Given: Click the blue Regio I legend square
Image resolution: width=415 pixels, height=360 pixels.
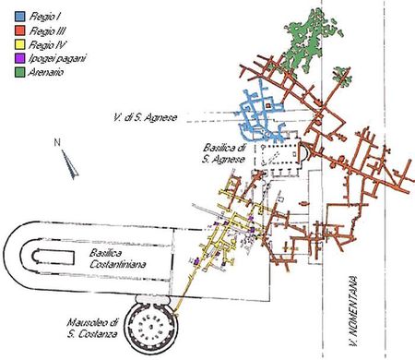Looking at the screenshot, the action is [x=19, y=17].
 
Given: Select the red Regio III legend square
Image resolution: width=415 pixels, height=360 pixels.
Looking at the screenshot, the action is [x=19, y=30].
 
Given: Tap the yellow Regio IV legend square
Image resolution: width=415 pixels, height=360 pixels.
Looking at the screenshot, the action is [x=19, y=44].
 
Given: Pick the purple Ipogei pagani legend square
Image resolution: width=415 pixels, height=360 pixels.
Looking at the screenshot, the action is [x=19, y=58].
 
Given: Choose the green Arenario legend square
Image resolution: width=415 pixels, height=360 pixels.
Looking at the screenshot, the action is [x=19, y=73].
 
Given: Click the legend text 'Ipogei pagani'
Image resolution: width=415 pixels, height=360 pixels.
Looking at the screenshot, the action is [x=57, y=59].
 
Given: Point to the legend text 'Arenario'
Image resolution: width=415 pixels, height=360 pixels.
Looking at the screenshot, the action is [x=46, y=73].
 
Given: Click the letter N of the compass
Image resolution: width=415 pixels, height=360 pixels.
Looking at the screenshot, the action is [x=57, y=142].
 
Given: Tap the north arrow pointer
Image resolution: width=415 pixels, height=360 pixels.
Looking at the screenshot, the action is [x=70, y=164].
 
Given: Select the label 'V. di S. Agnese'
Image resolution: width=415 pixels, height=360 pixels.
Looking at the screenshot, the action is [x=146, y=117].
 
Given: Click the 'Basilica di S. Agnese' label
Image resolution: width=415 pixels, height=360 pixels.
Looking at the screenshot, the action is [x=224, y=153].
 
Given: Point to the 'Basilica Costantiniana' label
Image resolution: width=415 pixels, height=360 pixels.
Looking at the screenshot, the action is [x=117, y=258].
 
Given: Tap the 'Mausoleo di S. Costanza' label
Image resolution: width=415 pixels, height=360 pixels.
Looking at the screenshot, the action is [x=92, y=329].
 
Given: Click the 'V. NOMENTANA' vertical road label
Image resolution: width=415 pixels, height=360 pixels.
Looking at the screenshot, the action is [x=353, y=311].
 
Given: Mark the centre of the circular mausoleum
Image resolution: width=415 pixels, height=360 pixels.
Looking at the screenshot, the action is [x=151, y=327].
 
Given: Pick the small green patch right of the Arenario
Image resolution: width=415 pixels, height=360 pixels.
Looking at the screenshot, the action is [x=342, y=75].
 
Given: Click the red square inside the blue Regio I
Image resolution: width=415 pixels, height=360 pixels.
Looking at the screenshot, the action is [x=268, y=106].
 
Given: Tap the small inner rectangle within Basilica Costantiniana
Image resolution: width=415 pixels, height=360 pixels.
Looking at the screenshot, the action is [x=53, y=257].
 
